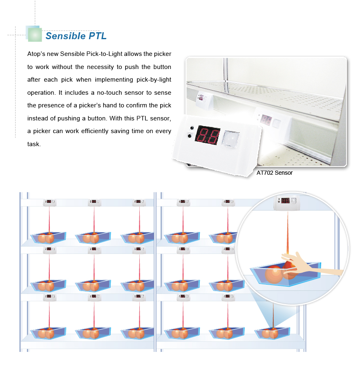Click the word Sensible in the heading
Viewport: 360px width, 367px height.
click(x=65, y=36)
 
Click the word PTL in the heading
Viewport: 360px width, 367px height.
click(x=97, y=36)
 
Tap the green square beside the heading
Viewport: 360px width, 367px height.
click(x=35, y=34)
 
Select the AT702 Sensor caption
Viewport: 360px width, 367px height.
click(x=275, y=173)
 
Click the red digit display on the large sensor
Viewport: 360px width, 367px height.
click(x=208, y=135)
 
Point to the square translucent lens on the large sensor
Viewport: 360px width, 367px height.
click(x=231, y=138)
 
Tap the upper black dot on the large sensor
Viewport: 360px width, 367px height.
click(x=192, y=128)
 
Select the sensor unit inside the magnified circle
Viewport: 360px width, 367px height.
click(x=285, y=202)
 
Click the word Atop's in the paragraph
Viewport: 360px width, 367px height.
click(x=36, y=54)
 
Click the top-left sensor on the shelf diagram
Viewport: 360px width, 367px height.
click(x=49, y=202)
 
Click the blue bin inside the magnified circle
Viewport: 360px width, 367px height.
click(x=285, y=274)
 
